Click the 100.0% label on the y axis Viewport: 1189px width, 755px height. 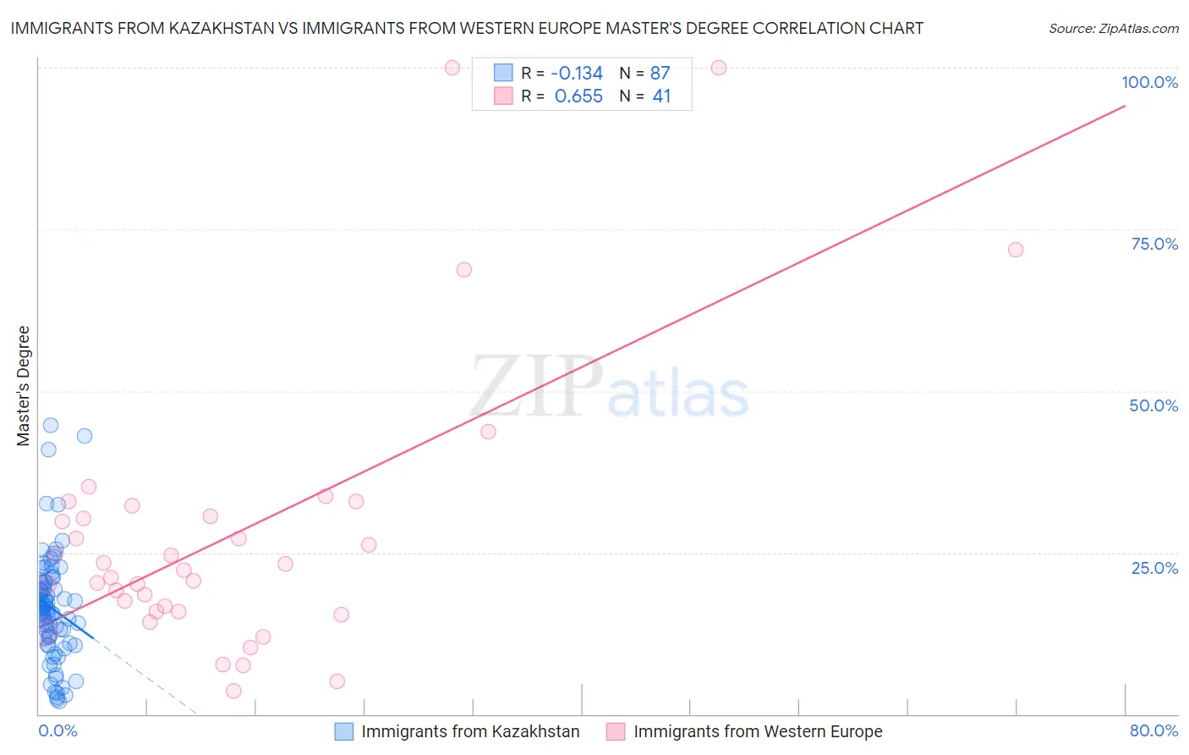[1149, 82]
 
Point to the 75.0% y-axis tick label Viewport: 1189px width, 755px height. [1154, 244]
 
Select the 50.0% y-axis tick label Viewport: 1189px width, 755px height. [1153, 405]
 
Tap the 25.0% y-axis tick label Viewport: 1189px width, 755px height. [1154, 568]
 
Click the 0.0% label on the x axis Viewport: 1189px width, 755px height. [58, 730]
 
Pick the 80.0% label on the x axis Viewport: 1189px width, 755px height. [1153, 730]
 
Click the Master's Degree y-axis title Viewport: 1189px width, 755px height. [24, 386]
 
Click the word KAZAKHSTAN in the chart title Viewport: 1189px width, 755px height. [222, 28]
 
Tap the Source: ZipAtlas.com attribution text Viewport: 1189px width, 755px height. [1114, 29]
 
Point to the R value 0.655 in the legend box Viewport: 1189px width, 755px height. [578, 96]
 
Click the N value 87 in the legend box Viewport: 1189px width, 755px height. [660, 73]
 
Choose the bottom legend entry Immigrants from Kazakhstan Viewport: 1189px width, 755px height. [470, 731]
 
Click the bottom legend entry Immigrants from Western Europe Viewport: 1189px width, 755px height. [758, 731]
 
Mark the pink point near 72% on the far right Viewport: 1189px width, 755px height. [1016, 250]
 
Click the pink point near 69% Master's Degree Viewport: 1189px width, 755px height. [463, 270]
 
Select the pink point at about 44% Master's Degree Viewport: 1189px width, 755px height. [488, 432]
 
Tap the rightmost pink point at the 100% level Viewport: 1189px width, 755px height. [719, 68]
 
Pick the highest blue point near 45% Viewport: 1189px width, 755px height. [51, 425]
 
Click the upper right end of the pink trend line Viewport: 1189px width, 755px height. [1125, 106]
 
